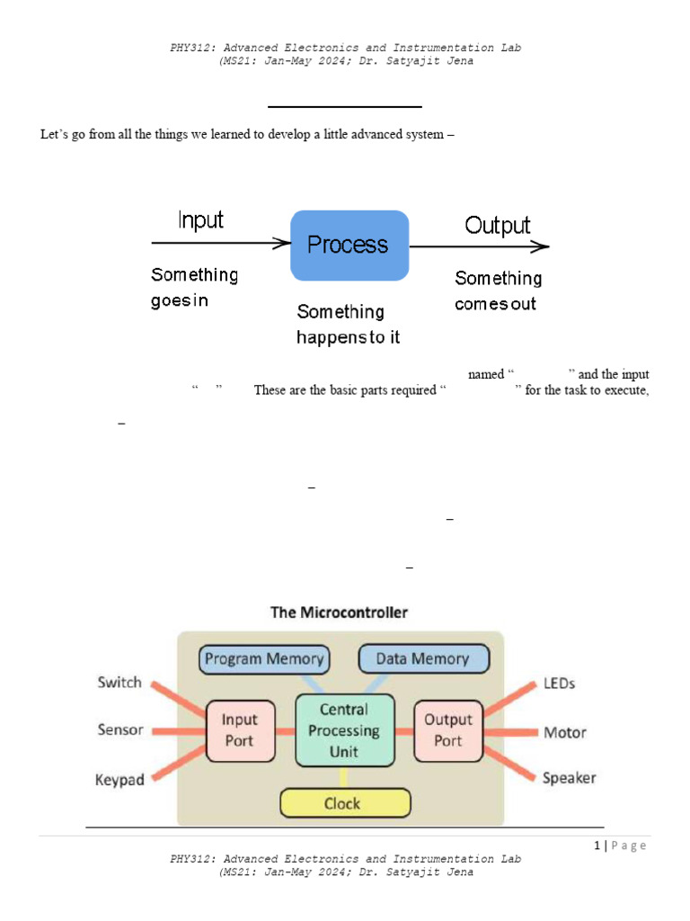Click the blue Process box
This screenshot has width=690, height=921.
(349, 245)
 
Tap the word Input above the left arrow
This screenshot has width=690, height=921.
(200, 220)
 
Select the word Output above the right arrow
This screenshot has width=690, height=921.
(497, 225)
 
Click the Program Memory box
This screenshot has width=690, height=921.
(263, 658)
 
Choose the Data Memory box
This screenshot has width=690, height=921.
(422, 658)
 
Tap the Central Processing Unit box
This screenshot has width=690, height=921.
(344, 730)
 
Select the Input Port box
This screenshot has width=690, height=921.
(239, 729)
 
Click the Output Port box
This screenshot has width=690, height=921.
(447, 729)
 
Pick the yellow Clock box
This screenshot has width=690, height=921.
(345, 803)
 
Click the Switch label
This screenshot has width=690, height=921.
(119, 683)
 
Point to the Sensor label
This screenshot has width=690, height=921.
(120, 729)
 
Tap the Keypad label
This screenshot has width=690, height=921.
(119, 780)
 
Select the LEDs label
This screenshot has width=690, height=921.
(559, 684)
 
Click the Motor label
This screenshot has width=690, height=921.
(565, 732)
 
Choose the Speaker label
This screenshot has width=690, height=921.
(569, 778)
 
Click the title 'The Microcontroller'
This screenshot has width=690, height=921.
(339, 613)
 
